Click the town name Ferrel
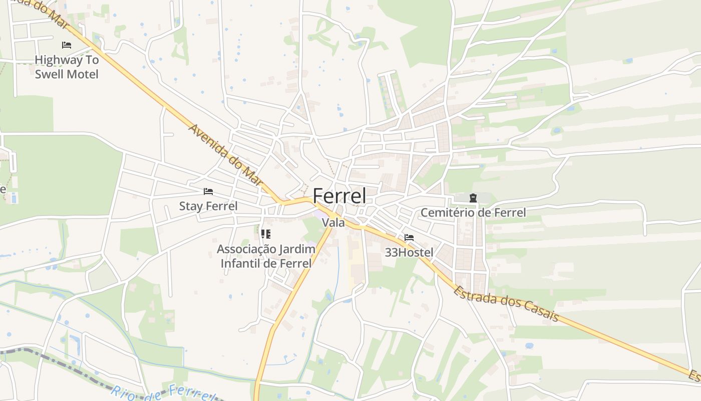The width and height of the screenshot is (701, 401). [339, 196]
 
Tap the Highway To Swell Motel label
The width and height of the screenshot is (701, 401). [67, 67]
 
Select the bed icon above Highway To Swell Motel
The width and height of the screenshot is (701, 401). [67, 45]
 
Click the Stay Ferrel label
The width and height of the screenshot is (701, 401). [208, 206]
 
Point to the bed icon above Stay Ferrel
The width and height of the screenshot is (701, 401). [208, 191]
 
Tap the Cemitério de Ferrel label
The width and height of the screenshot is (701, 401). [473, 213]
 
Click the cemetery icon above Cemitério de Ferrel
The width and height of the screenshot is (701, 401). [473, 198]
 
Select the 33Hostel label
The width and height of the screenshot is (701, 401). [409, 252]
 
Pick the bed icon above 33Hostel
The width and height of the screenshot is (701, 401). [409, 238]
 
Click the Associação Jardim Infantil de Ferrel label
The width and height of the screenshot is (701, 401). [266, 256]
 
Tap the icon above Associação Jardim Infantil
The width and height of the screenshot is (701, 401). [266, 234]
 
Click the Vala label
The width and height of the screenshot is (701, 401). [333, 223]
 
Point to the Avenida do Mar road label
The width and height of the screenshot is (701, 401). [225, 155]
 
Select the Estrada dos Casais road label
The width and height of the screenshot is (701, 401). [506, 303]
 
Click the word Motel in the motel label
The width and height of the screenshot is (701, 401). [83, 74]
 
